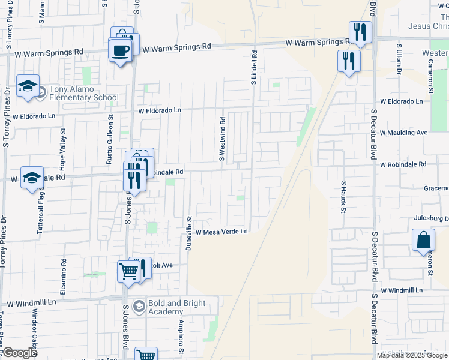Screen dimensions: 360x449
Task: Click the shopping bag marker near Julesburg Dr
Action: (423, 240)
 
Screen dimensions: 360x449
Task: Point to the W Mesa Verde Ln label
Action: (221, 232)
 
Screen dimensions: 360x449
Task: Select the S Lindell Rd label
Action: (254, 66)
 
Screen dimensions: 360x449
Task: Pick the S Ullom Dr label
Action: (399, 59)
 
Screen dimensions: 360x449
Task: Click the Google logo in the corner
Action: (19, 353)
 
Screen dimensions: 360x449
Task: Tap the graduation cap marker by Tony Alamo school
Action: (28, 87)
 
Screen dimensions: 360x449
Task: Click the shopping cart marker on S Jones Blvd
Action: (128, 272)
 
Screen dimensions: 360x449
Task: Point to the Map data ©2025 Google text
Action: (412, 355)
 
